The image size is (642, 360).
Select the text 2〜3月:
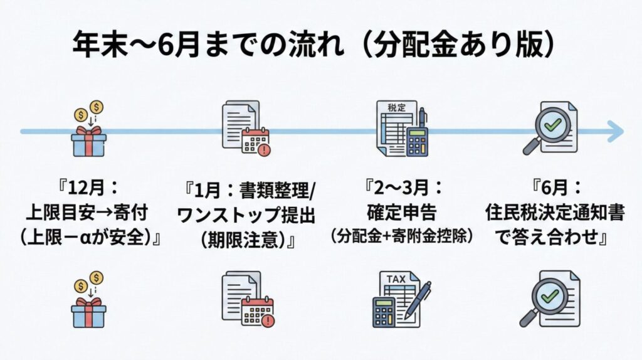(404, 189)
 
